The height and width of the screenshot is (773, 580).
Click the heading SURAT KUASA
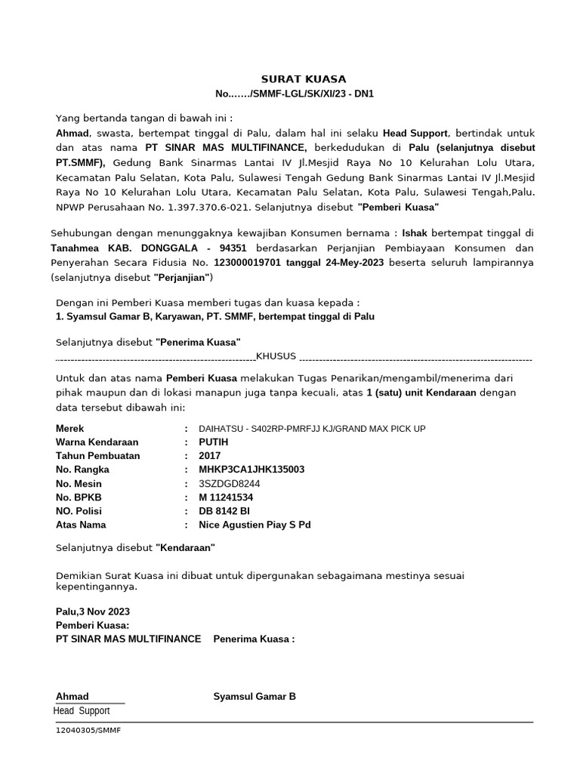pos(304,79)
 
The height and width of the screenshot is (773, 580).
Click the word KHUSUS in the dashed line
pos(276,356)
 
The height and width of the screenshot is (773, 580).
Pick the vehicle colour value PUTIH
pos(214,442)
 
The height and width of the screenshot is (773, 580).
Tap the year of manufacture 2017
pos(210,456)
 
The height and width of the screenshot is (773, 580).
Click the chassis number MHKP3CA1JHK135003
pos(251,470)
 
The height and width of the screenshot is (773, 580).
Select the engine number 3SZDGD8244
pos(229,484)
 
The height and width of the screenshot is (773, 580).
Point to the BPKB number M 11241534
pos(226,497)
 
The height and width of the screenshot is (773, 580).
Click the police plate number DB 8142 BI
pos(224,511)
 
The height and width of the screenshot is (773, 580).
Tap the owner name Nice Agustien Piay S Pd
pos(255,525)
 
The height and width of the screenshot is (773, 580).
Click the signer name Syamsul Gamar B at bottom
pos(255,696)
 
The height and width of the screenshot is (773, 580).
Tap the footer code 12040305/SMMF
pos(88,731)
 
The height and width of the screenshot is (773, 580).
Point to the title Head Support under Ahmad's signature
pos(82,711)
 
